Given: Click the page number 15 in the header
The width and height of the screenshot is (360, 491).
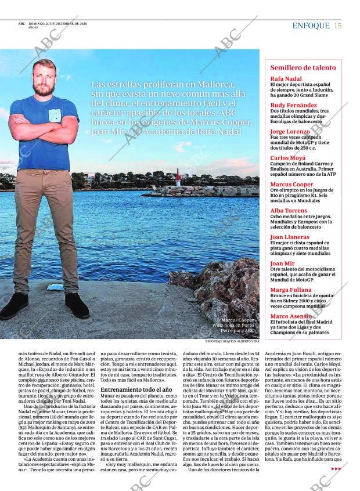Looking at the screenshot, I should coord(338,26).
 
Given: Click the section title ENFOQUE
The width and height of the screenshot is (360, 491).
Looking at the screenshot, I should coord(311,26).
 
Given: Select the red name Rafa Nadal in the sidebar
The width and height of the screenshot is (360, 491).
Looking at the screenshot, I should coord(286,79).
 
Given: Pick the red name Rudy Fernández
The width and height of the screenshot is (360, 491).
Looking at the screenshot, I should coord(293,105).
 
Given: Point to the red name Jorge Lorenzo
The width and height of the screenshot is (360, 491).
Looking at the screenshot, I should coord(290,132).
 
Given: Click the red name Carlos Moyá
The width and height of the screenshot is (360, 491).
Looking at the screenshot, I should coord(289,158).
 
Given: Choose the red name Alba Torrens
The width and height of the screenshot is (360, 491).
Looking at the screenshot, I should coord(289,211).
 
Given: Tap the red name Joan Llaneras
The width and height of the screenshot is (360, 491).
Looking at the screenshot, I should coord(290,237).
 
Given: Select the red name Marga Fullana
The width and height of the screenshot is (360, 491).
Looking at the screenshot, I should coord(291,290).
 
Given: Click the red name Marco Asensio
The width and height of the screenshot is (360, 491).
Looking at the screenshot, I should coord(292,316).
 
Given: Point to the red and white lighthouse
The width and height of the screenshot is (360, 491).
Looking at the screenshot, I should coord(178,177).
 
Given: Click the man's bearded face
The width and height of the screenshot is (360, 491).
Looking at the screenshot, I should coord(44,78).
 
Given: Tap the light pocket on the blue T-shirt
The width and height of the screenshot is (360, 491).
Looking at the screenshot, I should coord(55,115).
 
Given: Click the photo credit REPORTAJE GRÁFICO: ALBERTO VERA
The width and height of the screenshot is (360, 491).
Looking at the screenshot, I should coord(232,342).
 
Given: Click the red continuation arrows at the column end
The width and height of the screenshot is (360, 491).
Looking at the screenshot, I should coord(336,468).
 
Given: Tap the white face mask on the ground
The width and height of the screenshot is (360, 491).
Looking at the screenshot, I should coord(55,287).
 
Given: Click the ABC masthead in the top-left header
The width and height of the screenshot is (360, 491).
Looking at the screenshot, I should coord(21,24).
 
